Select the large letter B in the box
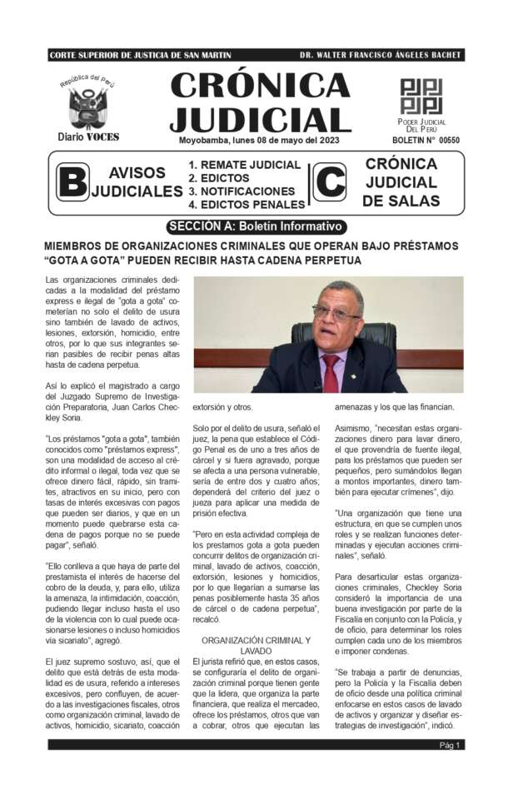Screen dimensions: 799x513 click(72, 182)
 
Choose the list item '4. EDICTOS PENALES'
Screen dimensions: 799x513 click(247, 204)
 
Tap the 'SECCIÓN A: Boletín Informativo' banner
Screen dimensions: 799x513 click(255, 226)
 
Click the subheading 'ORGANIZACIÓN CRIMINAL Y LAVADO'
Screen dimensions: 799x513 click(256, 646)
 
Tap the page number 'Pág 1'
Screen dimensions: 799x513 click(451, 745)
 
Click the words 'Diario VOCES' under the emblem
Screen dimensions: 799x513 click(88, 136)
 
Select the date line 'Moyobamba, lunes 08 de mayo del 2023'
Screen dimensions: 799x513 click(259, 140)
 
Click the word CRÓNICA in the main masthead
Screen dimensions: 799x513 click(260, 84)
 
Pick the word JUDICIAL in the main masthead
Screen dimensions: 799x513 click(260, 118)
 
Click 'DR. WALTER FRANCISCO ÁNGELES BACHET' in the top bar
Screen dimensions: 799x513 click(380, 56)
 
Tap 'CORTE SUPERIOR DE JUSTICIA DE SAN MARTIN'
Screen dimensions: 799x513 click(140, 56)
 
